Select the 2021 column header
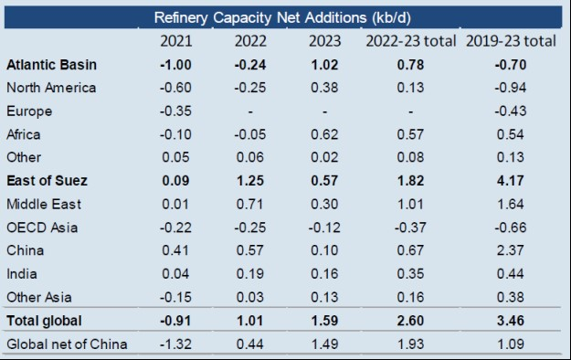(175, 41)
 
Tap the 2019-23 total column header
(512, 41)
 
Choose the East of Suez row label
(47, 181)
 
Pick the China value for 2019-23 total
(512, 250)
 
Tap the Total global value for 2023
(327, 321)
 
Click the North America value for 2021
(175, 88)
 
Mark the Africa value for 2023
(327, 134)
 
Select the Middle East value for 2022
(251, 205)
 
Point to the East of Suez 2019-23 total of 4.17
(512, 181)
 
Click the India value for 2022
(251, 274)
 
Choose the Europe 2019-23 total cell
(512, 111)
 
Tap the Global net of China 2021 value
(175, 344)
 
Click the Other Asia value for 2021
(175, 297)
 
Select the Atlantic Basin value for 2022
(251, 65)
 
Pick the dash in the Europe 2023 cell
(327, 111)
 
